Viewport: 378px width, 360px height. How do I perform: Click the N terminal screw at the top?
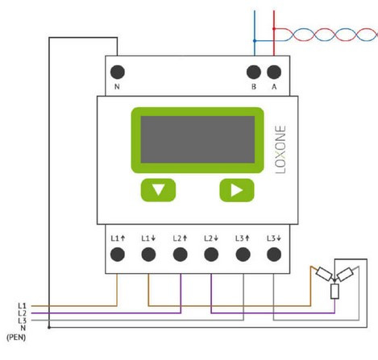(118, 72)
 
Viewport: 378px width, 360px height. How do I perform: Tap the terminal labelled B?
(254, 72)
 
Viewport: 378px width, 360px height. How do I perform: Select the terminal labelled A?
(274, 72)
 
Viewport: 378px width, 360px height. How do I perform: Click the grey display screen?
(197, 139)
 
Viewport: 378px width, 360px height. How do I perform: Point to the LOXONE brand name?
(280, 149)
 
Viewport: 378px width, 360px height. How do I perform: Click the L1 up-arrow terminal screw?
(118, 254)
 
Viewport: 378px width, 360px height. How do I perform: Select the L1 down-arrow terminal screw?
(148, 254)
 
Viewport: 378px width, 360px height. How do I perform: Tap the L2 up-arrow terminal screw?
(180, 254)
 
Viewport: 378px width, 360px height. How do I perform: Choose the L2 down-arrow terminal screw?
(211, 254)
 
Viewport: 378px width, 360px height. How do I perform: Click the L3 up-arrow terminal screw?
(243, 254)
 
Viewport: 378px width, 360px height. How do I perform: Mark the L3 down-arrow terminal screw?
(274, 254)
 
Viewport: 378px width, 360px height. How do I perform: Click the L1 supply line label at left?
(22, 306)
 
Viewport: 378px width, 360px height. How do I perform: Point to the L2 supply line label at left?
(22, 313)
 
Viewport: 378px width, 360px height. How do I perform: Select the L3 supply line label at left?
(22, 321)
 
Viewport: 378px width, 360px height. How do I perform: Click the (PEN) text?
(16, 337)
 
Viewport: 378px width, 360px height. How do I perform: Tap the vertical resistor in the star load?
(334, 292)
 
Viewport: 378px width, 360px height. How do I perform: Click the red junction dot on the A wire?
(274, 28)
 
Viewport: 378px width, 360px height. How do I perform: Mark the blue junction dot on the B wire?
(255, 41)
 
